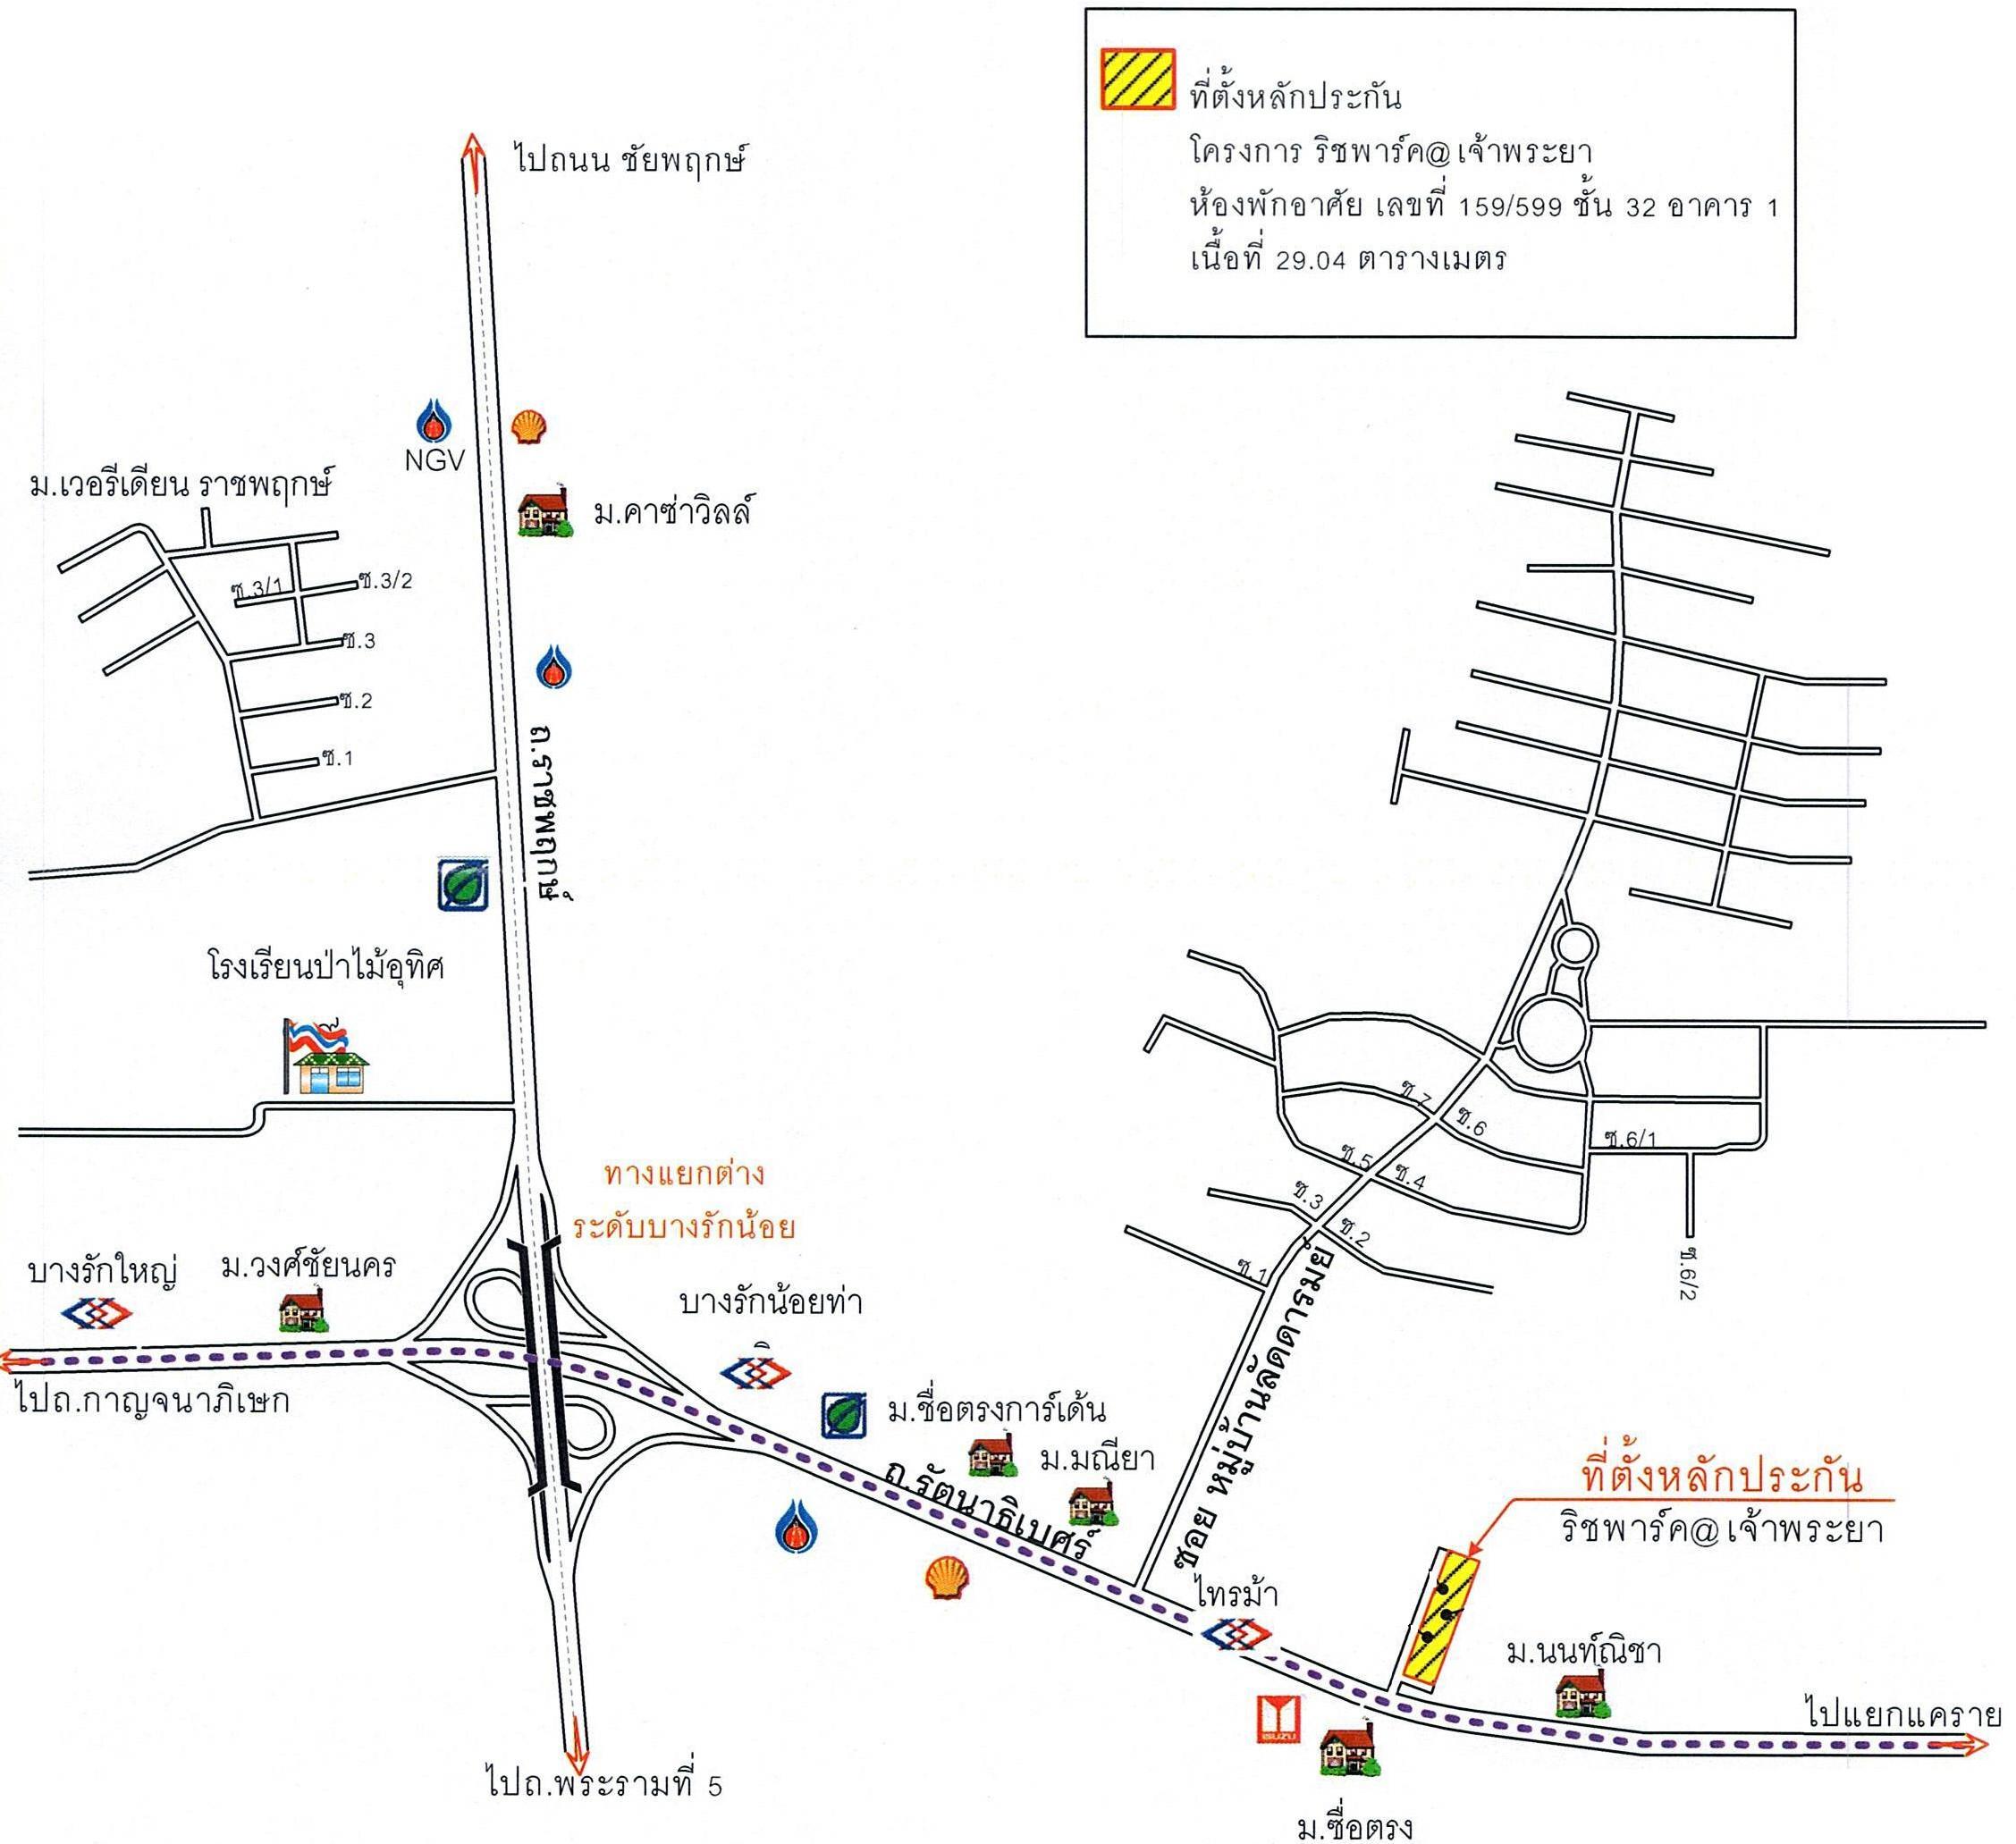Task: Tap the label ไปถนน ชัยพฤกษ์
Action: coord(632,160)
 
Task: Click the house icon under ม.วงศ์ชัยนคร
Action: coord(303,1311)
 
